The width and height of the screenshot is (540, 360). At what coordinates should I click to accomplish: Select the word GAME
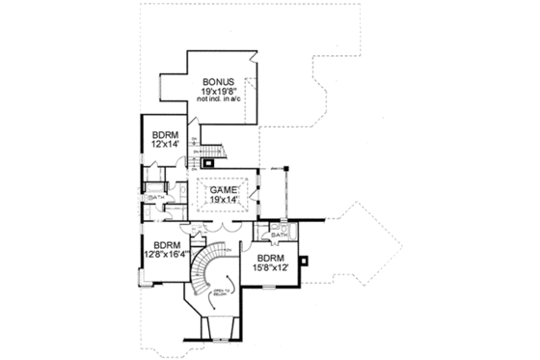[x=225, y=191]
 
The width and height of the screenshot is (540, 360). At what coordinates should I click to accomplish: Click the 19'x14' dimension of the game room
[x=226, y=202]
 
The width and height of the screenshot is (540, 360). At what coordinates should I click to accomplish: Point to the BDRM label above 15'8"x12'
[x=269, y=259]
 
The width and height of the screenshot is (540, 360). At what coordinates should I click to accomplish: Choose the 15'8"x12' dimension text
[x=270, y=268]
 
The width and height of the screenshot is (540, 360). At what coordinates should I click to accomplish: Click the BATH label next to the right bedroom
[x=281, y=234]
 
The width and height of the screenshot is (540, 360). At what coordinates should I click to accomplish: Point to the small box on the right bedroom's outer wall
[x=306, y=260]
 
